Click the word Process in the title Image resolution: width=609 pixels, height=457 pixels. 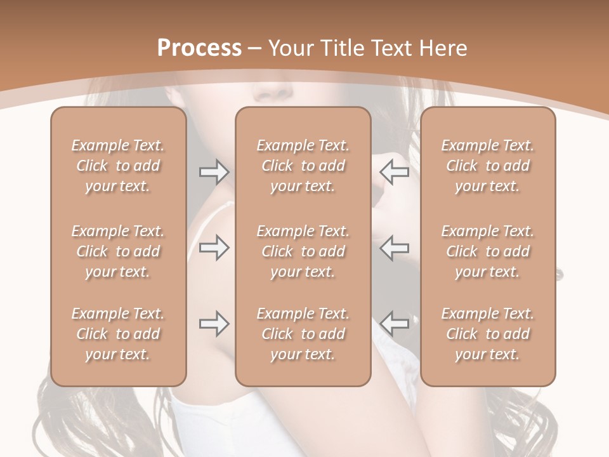(199, 48)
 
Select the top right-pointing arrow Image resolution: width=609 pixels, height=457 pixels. (214, 171)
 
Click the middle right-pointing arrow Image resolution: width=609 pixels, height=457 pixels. (214, 248)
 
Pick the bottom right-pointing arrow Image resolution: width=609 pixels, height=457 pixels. (214, 324)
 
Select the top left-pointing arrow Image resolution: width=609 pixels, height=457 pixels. (395, 171)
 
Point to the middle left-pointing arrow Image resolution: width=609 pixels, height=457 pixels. (395, 248)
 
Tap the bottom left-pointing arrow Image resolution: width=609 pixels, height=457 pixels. (395, 324)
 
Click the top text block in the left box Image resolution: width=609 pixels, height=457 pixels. (118, 166)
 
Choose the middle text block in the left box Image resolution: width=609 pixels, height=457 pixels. (118, 251)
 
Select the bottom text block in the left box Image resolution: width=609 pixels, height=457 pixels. (118, 334)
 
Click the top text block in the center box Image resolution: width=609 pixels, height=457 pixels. (303, 166)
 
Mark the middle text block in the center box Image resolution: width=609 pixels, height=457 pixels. (303, 251)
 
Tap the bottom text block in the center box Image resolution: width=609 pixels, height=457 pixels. (303, 334)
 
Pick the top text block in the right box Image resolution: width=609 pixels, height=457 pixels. (488, 166)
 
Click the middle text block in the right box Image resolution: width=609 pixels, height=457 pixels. (488, 251)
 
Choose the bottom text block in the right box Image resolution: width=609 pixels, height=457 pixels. (488, 334)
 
